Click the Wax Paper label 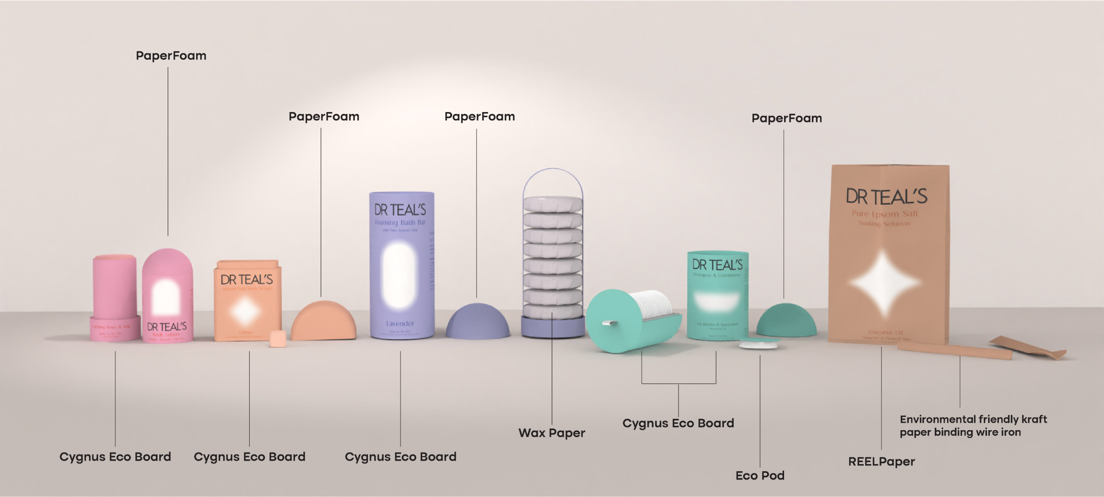[x=551, y=433]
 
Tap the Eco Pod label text [x=760, y=475]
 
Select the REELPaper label [x=881, y=462]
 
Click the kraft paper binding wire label [x=973, y=425]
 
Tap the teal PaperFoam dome [x=786, y=320]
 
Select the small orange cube [x=278, y=338]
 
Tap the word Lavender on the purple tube [x=400, y=323]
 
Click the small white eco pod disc [x=758, y=344]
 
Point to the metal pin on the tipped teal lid [x=610, y=323]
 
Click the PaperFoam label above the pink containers [x=171, y=56]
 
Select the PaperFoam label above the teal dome [x=786, y=118]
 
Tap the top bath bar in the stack [x=552, y=205]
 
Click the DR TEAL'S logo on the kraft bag [x=886, y=197]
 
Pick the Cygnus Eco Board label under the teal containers [x=678, y=423]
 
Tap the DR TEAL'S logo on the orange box [x=246, y=280]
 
